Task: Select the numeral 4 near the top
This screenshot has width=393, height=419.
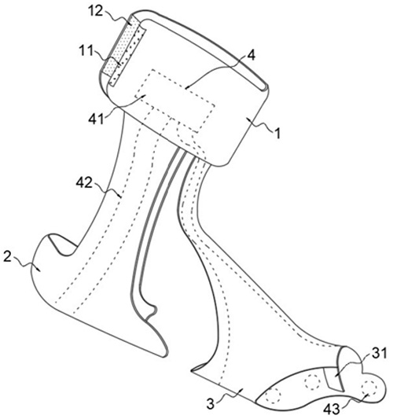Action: click(252, 55)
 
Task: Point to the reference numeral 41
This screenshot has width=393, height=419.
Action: click(96, 119)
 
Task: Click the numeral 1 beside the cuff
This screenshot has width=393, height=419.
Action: click(278, 133)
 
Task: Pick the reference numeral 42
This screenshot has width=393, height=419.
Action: click(84, 183)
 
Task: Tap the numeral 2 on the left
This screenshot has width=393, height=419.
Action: click(8, 257)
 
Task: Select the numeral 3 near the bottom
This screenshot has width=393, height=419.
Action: click(211, 404)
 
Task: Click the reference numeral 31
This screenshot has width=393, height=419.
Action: click(380, 354)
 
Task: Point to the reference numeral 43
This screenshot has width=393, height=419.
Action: click(332, 409)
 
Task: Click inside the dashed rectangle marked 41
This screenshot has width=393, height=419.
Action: click(175, 99)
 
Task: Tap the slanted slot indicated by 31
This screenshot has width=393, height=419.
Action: click(333, 379)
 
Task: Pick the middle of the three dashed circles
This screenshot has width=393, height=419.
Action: click(313, 382)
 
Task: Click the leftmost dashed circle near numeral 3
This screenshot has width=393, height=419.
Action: click(274, 394)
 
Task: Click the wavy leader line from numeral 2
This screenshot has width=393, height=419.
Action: click(25, 264)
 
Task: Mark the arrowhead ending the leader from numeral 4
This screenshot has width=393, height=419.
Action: click(187, 86)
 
